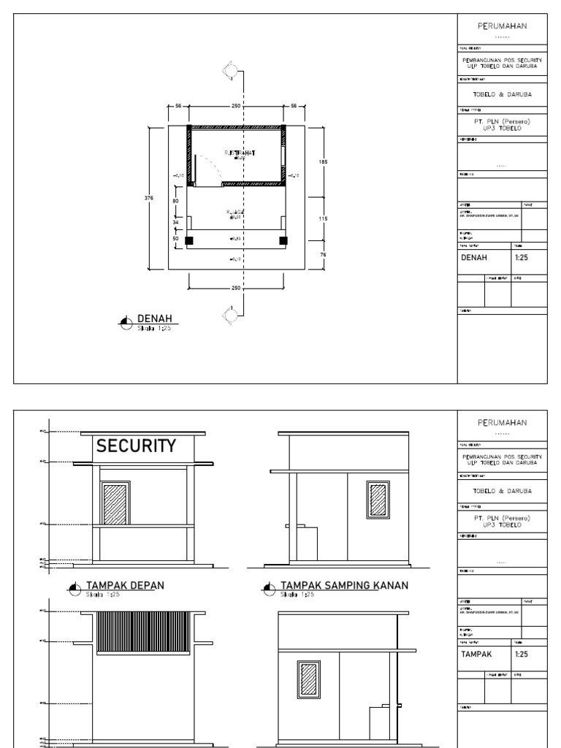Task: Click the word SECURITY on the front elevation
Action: (x=137, y=446)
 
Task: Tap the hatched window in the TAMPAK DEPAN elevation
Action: (x=115, y=503)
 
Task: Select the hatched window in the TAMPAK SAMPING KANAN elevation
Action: (x=378, y=501)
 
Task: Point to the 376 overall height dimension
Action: (x=150, y=198)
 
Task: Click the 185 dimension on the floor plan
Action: (x=321, y=161)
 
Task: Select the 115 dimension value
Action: (x=321, y=219)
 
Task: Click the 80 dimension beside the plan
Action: (x=175, y=200)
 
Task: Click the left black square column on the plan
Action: (x=190, y=240)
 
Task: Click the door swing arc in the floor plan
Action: (x=210, y=169)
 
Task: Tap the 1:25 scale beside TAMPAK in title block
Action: (x=522, y=654)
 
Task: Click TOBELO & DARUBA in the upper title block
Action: (x=501, y=93)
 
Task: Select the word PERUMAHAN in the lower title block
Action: (x=501, y=422)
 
